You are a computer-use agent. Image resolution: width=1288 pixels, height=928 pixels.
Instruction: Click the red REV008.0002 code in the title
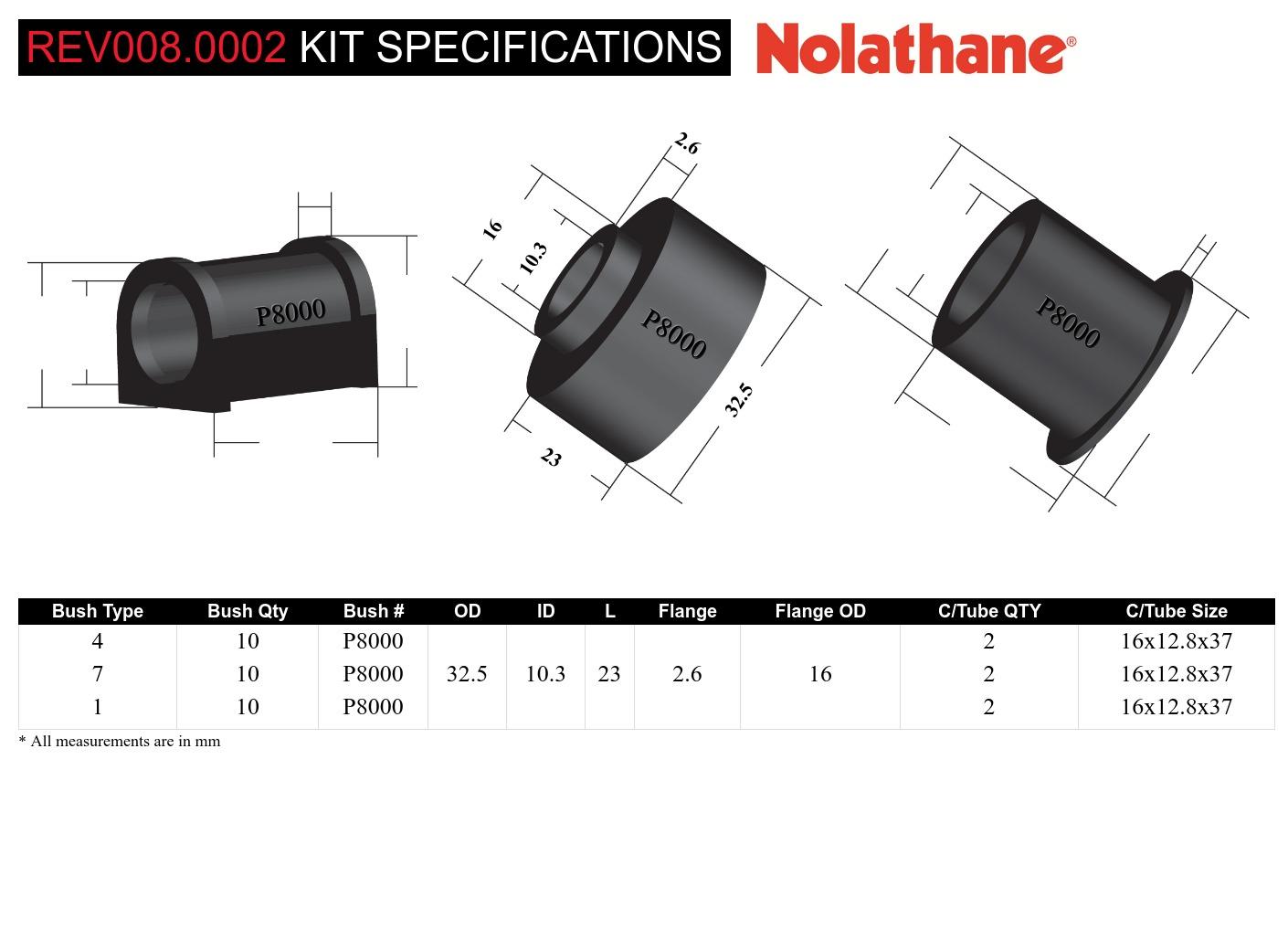156,47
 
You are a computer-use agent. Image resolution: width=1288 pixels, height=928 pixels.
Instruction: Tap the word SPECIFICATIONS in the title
549,47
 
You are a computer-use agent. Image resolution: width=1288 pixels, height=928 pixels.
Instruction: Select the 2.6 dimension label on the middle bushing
686,143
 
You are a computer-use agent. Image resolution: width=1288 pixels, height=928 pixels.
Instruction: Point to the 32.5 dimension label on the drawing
739,399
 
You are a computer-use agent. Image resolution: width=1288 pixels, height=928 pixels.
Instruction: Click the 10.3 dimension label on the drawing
533,258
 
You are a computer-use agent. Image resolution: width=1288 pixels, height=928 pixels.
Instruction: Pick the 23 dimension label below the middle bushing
550,457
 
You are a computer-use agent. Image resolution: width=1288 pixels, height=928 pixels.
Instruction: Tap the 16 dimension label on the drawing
492,228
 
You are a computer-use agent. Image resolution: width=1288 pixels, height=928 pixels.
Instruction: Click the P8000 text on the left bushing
290,313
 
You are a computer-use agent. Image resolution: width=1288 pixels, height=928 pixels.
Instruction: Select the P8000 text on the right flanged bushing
1067,322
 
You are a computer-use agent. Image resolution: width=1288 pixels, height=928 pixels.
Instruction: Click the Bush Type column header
98,611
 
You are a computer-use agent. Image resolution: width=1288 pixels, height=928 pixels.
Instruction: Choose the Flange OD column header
820,611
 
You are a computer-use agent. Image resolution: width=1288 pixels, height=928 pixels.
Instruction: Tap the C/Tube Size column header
1177,611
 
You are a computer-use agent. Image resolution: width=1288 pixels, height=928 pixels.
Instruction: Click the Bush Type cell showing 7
98,674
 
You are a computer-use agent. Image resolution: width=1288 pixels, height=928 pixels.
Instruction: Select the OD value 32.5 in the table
467,674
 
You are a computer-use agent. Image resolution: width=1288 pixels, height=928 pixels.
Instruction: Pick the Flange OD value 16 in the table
820,674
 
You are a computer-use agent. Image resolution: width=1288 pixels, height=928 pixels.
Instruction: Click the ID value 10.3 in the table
545,674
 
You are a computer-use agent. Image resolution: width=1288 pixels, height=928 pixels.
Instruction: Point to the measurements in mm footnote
120,741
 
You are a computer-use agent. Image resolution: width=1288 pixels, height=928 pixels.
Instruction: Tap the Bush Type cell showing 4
98,641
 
